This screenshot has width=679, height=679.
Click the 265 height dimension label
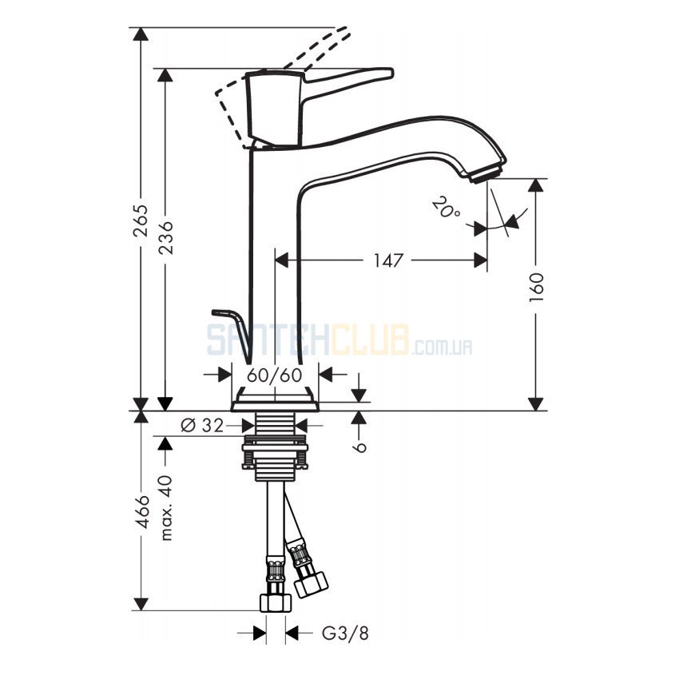point(141,220)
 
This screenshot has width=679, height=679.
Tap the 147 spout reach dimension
point(388,260)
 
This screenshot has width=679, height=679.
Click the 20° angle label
point(446,208)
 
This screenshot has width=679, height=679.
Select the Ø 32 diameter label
point(202,426)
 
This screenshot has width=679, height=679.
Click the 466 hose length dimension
point(141,511)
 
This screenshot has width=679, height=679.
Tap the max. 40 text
point(166,507)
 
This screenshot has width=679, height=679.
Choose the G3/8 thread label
point(345,633)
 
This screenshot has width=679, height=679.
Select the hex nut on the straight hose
point(276,602)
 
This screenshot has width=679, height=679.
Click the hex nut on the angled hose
point(312,584)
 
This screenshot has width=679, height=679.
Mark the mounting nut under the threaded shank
point(276,452)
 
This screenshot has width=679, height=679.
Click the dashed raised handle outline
point(277,73)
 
